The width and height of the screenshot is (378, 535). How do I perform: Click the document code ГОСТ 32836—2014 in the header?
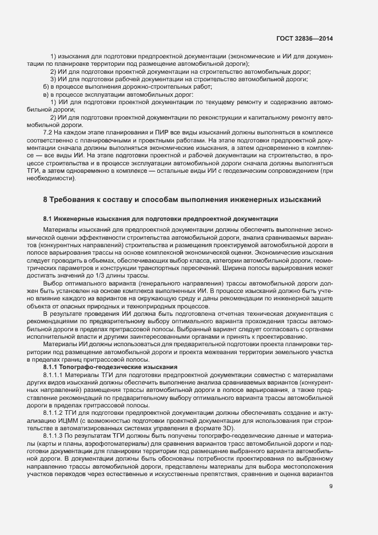(x=304, y=38)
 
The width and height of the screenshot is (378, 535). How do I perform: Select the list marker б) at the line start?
(x=39, y=86)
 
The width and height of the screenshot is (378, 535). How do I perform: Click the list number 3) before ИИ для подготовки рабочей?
(x=53, y=79)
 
